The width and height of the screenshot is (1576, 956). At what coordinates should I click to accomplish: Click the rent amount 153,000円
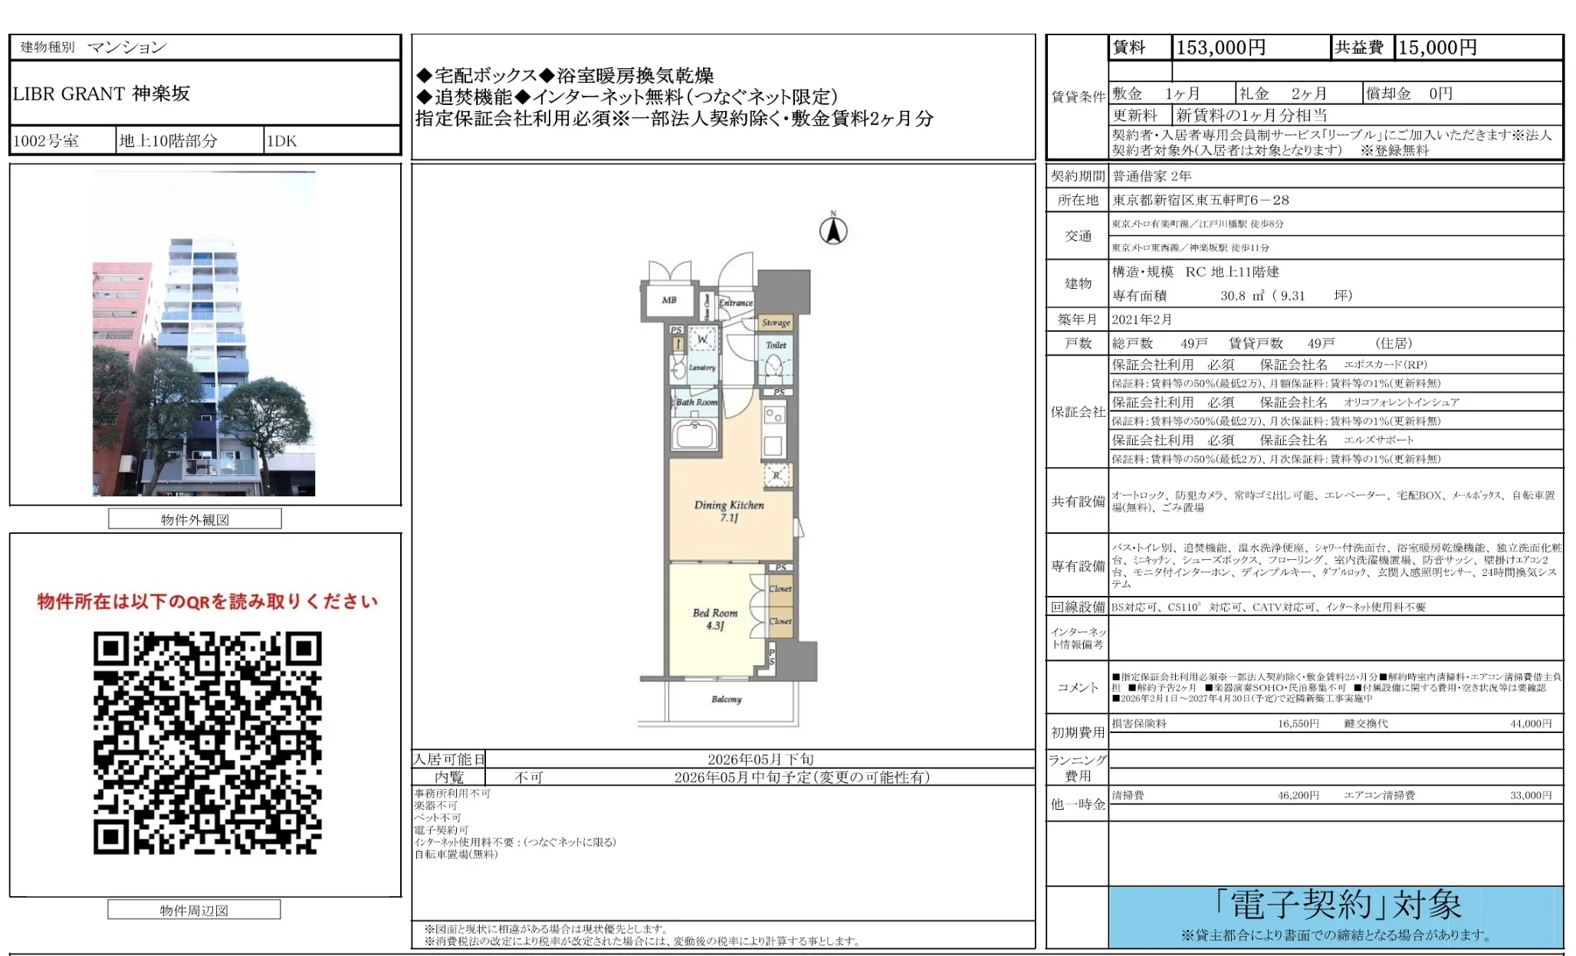click(x=1220, y=47)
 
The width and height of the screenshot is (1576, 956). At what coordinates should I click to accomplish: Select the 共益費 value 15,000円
click(x=1437, y=47)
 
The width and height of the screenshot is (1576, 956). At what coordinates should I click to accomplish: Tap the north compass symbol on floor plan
click(x=833, y=230)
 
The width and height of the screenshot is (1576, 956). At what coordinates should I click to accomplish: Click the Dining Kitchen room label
click(x=729, y=511)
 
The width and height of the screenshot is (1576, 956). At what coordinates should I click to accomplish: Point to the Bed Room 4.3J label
click(x=715, y=619)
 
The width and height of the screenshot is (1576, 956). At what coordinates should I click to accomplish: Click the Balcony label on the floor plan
click(x=726, y=699)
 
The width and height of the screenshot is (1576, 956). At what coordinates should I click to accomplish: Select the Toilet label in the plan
click(x=776, y=345)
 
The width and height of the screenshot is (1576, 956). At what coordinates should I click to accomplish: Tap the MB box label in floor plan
click(x=669, y=300)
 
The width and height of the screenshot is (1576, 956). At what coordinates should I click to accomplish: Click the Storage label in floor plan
click(x=776, y=322)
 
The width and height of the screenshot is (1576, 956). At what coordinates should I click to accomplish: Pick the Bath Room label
click(x=696, y=402)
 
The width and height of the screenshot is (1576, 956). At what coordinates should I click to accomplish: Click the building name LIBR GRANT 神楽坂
click(x=101, y=94)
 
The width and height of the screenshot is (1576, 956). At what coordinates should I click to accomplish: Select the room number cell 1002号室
click(x=46, y=141)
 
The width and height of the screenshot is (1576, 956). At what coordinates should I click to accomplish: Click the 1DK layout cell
click(x=281, y=141)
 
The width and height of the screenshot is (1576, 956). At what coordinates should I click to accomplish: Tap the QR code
click(x=207, y=742)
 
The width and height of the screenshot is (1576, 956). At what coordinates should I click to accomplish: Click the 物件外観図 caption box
click(x=195, y=519)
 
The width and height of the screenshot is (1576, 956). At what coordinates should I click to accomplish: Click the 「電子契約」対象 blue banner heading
click(x=1337, y=905)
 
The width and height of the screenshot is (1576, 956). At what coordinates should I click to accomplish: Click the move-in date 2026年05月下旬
click(x=760, y=759)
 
